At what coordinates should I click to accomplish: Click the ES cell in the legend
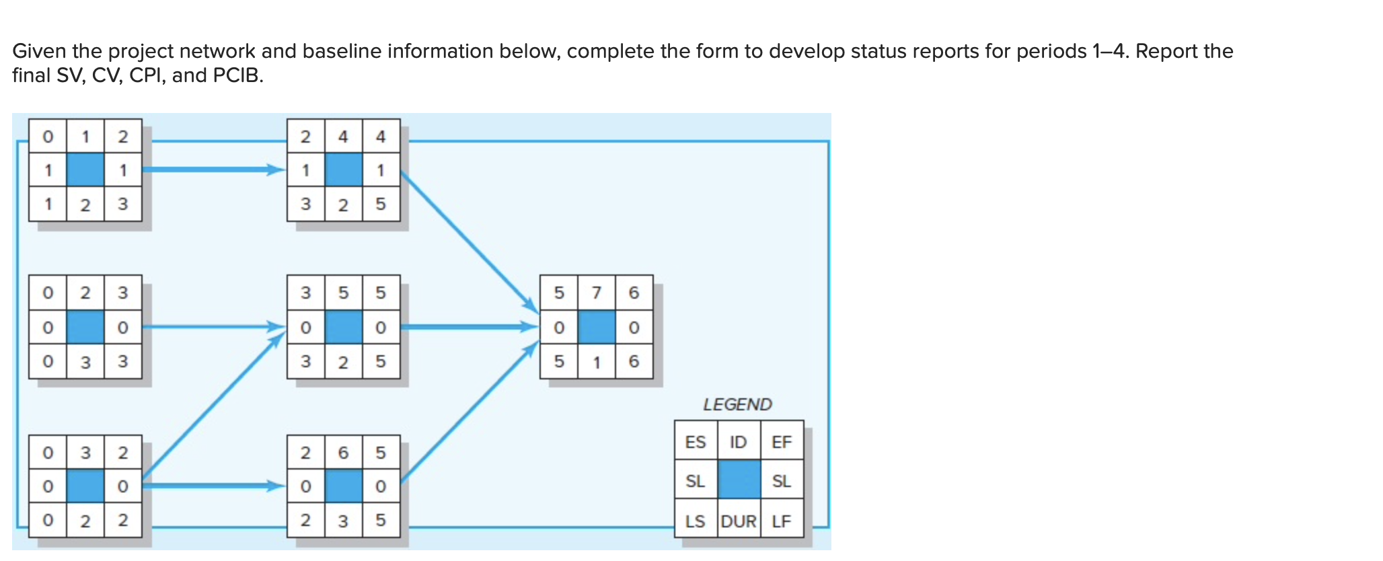(x=695, y=442)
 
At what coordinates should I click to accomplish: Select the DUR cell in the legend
(x=739, y=521)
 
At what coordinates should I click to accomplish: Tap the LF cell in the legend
(x=781, y=521)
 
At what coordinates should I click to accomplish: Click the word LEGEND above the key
(x=737, y=404)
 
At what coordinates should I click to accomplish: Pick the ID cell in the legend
(x=738, y=442)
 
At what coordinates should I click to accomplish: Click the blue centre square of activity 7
(x=597, y=328)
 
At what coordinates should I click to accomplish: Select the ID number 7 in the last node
(x=596, y=293)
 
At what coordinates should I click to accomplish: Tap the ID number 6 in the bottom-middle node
(x=343, y=453)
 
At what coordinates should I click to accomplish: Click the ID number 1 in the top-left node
(x=85, y=137)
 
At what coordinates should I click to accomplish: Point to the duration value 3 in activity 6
(x=343, y=521)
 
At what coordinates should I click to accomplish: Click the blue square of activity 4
(x=343, y=170)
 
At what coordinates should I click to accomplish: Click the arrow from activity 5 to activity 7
(x=469, y=328)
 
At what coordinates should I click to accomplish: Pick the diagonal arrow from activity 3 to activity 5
(x=212, y=406)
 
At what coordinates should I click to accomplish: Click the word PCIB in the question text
(x=235, y=75)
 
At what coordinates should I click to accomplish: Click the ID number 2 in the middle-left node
(x=85, y=293)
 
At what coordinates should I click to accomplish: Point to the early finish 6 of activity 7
(x=634, y=293)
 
